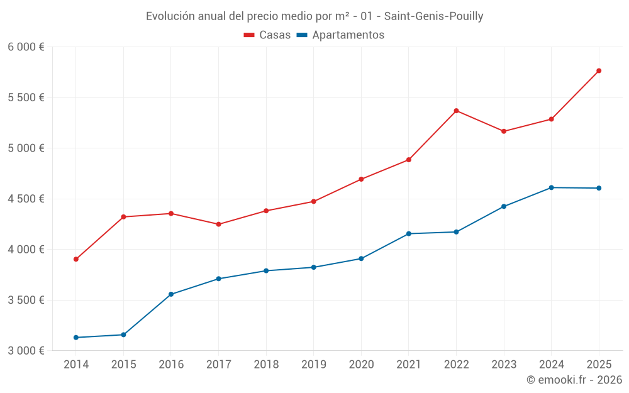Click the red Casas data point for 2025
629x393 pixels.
(599, 70)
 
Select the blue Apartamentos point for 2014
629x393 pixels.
(76, 338)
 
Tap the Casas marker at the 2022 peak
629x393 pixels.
(456, 111)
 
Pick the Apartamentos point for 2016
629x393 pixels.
(171, 294)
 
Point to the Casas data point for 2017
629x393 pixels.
(218, 224)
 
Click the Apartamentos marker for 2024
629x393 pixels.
(551, 187)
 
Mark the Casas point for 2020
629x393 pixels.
(361, 179)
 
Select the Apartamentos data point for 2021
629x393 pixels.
(409, 234)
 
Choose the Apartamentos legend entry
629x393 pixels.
(340, 35)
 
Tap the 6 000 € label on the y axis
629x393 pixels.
(26, 47)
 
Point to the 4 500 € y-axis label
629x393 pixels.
(26, 199)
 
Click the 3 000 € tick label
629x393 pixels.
(26, 350)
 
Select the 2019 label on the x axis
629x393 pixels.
(313, 365)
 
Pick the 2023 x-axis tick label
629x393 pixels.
(504, 365)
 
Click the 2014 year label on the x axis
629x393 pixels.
(76, 365)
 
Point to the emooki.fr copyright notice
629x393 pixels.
(574, 380)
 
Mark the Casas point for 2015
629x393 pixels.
(123, 217)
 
